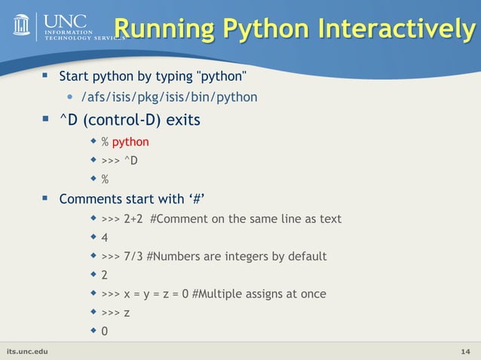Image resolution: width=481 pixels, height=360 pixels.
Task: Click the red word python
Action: point(130,142)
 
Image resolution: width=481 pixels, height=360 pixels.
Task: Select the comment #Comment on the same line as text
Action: point(246,219)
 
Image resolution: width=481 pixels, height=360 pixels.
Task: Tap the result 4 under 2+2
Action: point(105,238)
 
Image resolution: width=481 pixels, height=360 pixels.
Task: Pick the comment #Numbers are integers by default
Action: point(237,257)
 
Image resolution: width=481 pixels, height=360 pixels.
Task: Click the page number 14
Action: point(466,352)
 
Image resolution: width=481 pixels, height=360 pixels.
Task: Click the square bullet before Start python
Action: point(44,75)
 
